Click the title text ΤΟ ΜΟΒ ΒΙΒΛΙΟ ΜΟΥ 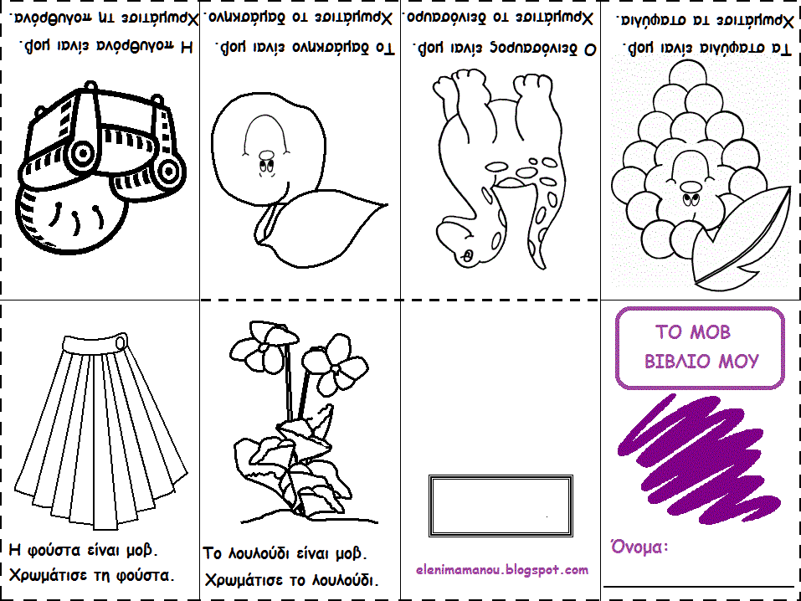click(701, 347)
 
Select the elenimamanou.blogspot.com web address click(501, 570)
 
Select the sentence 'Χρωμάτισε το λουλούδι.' click(290, 579)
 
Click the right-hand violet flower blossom click(341, 363)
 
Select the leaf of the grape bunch click(745, 239)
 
